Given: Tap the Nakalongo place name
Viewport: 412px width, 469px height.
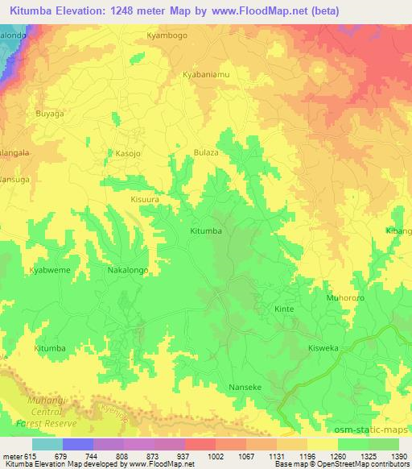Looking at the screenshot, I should point(127,272).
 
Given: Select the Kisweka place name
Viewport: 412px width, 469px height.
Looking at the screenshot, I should point(326,347).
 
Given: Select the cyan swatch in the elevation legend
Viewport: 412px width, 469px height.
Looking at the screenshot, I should point(47,444).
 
